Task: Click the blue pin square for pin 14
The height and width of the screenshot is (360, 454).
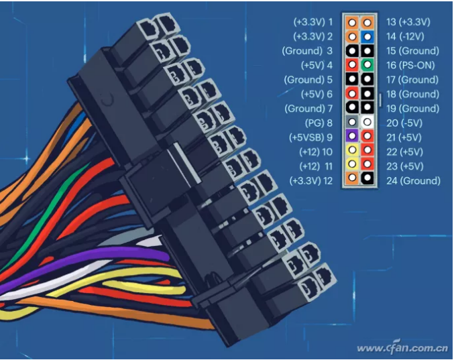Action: pyautogui.click(x=367, y=37)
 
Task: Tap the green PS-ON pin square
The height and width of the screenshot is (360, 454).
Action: pyautogui.click(x=367, y=64)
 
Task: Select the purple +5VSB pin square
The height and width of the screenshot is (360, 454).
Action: pyautogui.click(x=352, y=135)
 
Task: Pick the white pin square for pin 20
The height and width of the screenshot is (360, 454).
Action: pyautogui.click(x=367, y=122)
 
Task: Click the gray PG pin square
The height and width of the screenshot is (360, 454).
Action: pyautogui.click(x=352, y=122)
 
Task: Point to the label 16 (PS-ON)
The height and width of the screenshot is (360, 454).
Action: pyautogui.click(x=410, y=66)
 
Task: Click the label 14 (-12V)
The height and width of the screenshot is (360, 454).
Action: pyautogui.click(x=405, y=36)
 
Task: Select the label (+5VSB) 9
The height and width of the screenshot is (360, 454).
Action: pyautogui.click(x=310, y=137)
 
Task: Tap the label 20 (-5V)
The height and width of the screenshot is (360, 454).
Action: pyautogui.click(x=404, y=123)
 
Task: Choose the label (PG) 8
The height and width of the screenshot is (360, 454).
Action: pyautogui.click(x=319, y=123)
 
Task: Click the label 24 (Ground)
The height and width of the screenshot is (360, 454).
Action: pyautogui.click(x=413, y=181)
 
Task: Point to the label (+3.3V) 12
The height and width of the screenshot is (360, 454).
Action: pyautogui.click(x=311, y=181)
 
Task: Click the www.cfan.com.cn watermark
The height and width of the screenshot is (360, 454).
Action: pyautogui.click(x=403, y=347)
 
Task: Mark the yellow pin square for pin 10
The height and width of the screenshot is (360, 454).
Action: pyautogui.click(x=352, y=150)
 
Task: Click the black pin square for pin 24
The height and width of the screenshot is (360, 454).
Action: pyautogui.click(x=367, y=178)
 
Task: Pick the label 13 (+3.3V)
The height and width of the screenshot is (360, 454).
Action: pyautogui.click(x=408, y=22)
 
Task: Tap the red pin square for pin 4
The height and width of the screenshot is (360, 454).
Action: pyautogui.click(x=352, y=64)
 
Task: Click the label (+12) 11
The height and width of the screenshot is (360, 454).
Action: pyautogui.click(x=316, y=166)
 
